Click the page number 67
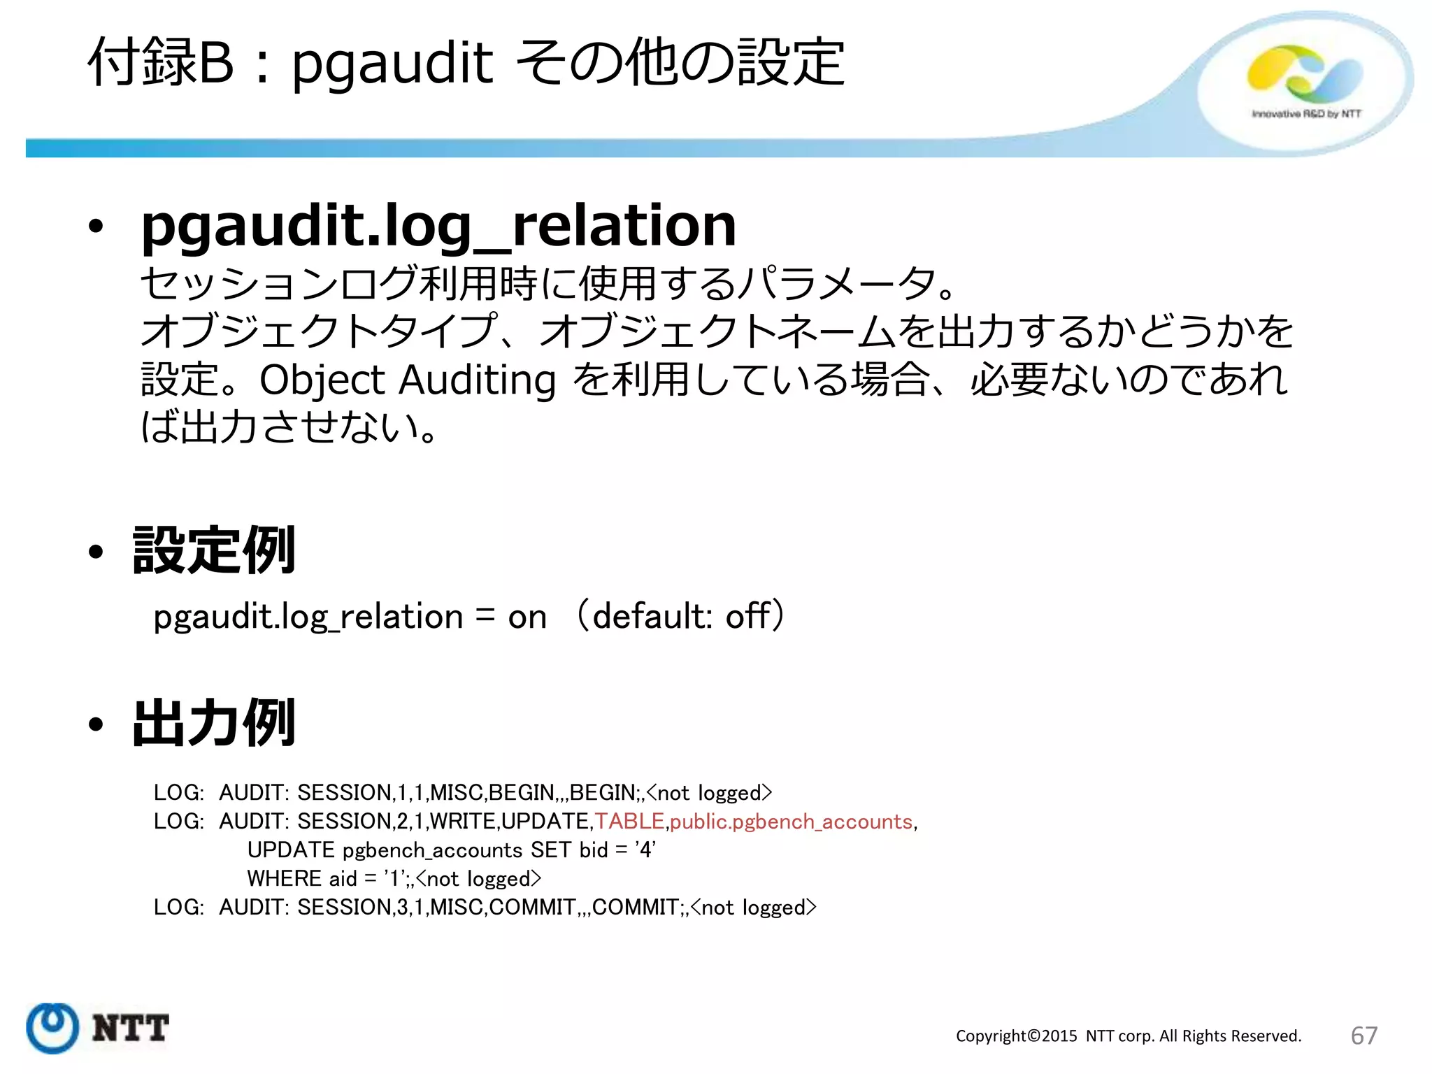pyautogui.click(x=1363, y=1036)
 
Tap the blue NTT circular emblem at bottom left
pyautogui.click(x=52, y=1027)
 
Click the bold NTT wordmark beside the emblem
pyautogui.click(x=130, y=1029)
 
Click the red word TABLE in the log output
pyautogui.click(x=629, y=821)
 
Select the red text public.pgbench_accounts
pyautogui.click(x=791, y=822)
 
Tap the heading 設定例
pyautogui.click(x=214, y=550)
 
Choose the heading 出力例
pyautogui.click(x=214, y=723)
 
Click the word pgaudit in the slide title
pyautogui.click(x=392, y=64)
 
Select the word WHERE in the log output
pyautogui.click(x=285, y=878)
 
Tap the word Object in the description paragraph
pyautogui.click(x=322, y=380)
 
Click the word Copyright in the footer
pyautogui.click(x=991, y=1036)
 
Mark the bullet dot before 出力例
pyautogui.click(x=96, y=724)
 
